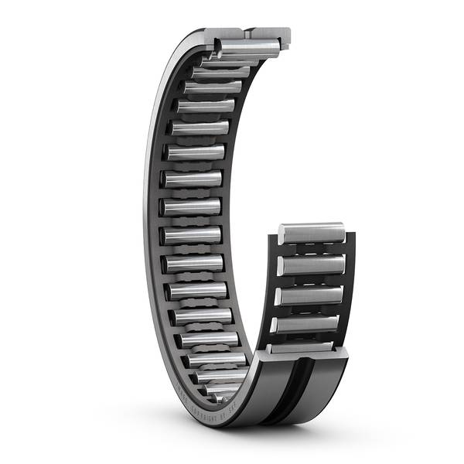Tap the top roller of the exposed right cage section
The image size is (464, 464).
[311, 231]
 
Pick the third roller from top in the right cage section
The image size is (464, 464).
[309, 295]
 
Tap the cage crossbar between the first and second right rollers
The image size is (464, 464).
[311, 249]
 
